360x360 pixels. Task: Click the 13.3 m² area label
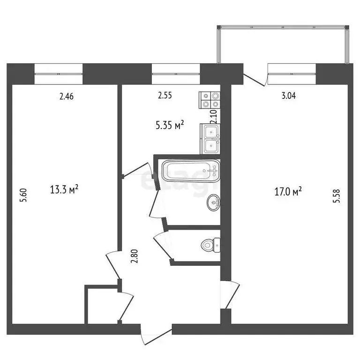tap(64, 189)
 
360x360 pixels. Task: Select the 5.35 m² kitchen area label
tap(169, 125)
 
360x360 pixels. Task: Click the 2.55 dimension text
tap(165, 96)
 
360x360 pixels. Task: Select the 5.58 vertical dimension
tap(335, 195)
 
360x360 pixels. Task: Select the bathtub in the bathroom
tap(190, 172)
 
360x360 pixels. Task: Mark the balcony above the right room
tap(284, 45)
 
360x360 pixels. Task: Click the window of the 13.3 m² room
tap(59, 74)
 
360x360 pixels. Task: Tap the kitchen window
tap(176, 74)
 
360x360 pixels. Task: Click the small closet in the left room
tap(101, 305)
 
